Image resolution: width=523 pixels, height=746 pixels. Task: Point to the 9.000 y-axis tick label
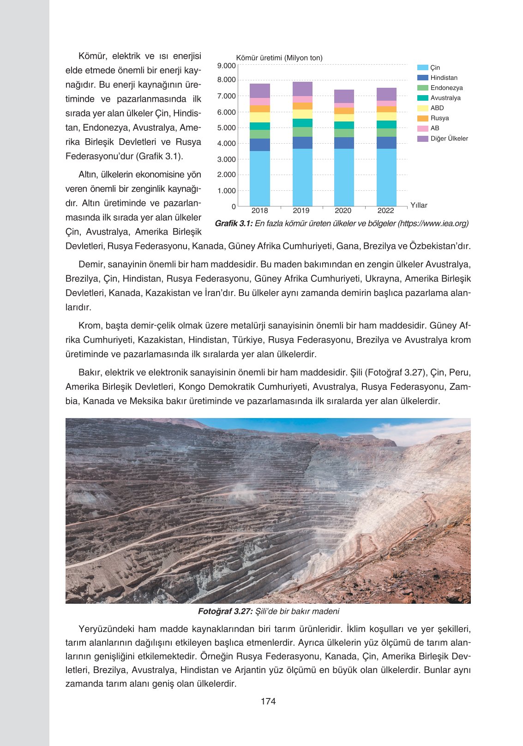[x=226, y=66]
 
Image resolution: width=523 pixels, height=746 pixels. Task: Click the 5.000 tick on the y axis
[x=226, y=127]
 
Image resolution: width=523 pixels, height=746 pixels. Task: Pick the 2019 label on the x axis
[x=301, y=211]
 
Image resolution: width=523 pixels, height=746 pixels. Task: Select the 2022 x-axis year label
[x=385, y=211]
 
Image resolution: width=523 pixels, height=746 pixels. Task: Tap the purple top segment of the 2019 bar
[x=302, y=89]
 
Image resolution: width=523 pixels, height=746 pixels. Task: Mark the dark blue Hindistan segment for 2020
[x=344, y=143]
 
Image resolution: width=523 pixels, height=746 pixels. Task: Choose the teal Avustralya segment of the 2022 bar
[x=386, y=124]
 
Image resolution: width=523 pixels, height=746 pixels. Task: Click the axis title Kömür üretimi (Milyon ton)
[x=279, y=58]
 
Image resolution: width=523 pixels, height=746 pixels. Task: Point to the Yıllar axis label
[x=419, y=205]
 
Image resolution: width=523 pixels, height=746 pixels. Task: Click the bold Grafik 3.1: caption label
[x=234, y=224]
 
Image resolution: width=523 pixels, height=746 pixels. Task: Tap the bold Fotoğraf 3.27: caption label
[x=225, y=611]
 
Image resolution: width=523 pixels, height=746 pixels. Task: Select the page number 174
[x=268, y=701]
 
